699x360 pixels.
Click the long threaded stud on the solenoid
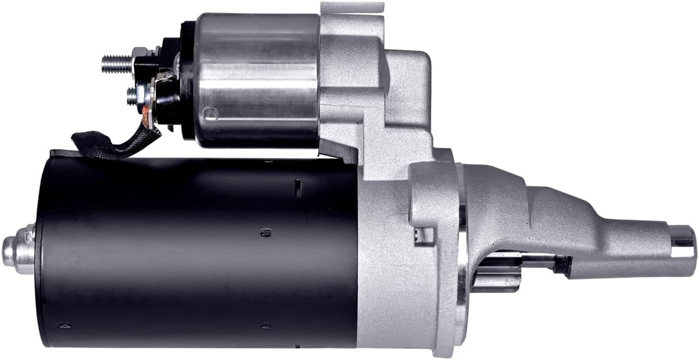point(115,63)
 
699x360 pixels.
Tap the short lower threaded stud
point(132,96)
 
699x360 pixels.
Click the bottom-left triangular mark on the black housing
point(63,325)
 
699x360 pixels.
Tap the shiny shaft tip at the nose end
point(682,240)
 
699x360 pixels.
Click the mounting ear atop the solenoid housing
point(353,8)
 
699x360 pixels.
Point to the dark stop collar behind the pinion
point(562,264)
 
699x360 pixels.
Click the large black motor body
point(194,253)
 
